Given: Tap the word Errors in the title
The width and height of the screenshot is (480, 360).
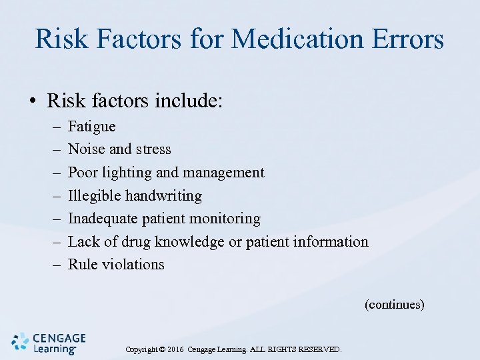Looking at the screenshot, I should tap(406, 39).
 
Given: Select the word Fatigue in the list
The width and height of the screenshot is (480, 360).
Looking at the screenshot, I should tap(92, 127).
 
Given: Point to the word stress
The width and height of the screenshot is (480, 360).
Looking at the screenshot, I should tap(153, 149).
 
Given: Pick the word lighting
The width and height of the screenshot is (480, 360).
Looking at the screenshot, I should tap(126, 173).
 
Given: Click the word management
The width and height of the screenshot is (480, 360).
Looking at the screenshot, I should tap(223, 173).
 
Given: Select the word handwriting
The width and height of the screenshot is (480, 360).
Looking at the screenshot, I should tap(163, 196).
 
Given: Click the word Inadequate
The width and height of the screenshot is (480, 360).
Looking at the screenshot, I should tap(102, 219).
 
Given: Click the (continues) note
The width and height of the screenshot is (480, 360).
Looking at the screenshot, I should tap(394, 305).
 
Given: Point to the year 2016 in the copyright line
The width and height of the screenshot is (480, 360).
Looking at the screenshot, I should tap(176, 349).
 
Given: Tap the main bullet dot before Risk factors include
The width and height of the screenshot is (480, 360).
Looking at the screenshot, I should tap(32, 102).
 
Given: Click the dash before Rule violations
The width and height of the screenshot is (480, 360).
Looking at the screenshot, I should tap(53, 265).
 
